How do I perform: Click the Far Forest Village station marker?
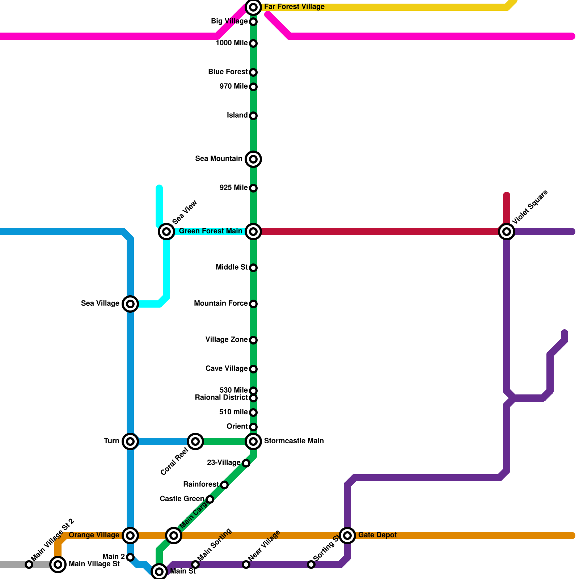[x=253, y=7]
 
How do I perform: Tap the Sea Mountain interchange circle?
[x=253, y=159]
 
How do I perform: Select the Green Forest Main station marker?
[x=253, y=232]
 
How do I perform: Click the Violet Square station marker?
[x=507, y=232]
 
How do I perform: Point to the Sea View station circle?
[x=166, y=232]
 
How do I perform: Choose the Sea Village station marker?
[x=130, y=304]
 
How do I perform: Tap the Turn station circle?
[x=130, y=441]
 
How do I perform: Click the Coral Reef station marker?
[x=195, y=441]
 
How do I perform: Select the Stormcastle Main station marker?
[x=253, y=441]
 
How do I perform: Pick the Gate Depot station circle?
[x=347, y=536]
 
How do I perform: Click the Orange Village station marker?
[x=130, y=536]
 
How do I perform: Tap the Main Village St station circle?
[x=58, y=565]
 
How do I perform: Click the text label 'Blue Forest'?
[x=228, y=72]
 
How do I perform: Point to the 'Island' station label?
[x=237, y=115]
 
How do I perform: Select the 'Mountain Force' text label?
[x=221, y=304]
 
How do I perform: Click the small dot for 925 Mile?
[x=253, y=188]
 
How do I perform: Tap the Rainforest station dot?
[x=224, y=485]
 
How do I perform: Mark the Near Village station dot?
[x=246, y=565]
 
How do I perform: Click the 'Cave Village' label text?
[x=227, y=369]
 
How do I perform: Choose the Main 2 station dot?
[x=130, y=557]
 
